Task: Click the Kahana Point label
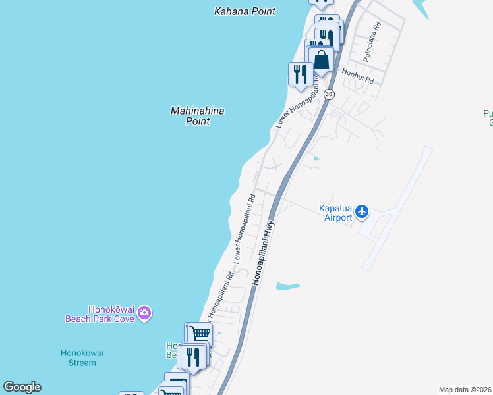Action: point(245,11)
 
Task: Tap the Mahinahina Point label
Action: point(197,116)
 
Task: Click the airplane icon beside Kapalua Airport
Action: point(361,212)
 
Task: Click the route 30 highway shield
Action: point(330,95)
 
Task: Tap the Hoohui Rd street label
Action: point(357,76)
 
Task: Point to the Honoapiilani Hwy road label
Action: point(262,252)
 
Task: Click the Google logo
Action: point(22,387)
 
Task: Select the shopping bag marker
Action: point(321,61)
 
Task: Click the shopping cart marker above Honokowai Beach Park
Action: point(199,332)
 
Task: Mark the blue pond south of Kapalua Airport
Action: point(288,286)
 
